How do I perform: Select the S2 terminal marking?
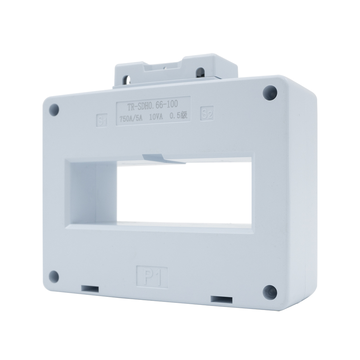(207, 114)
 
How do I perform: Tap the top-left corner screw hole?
(54, 110)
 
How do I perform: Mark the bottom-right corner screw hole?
(270, 291)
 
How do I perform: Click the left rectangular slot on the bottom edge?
(90, 289)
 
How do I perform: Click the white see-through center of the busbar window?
(184, 193)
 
